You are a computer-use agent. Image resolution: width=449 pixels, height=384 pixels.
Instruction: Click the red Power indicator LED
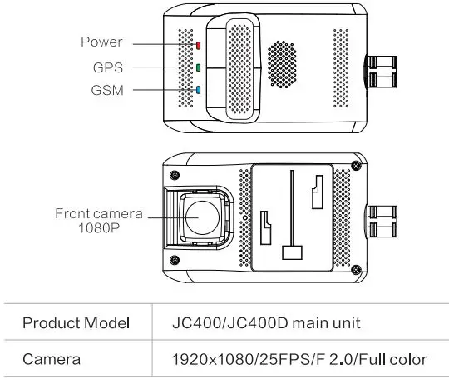click(x=199, y=45)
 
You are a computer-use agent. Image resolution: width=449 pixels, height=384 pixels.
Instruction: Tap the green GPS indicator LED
click(x=199, y=67)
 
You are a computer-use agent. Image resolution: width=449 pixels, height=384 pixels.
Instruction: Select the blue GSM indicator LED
click(x=199, y=90)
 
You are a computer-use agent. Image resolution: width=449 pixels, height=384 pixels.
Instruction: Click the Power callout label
click(x=101, y=42)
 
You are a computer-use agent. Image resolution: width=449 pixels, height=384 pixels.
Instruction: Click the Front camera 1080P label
click(x=96, y=220)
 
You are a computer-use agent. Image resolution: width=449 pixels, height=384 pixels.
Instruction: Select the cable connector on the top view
click(x=383, y=73)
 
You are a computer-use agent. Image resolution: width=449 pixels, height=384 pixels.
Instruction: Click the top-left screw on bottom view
click(x=173, y=173)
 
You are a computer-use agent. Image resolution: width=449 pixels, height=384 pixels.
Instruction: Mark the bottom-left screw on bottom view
click(x=173, y=267)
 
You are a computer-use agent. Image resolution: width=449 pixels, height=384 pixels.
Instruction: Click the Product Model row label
click(x=76, y=322)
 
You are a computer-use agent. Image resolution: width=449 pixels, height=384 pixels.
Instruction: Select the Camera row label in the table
click(x=52, y=359)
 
